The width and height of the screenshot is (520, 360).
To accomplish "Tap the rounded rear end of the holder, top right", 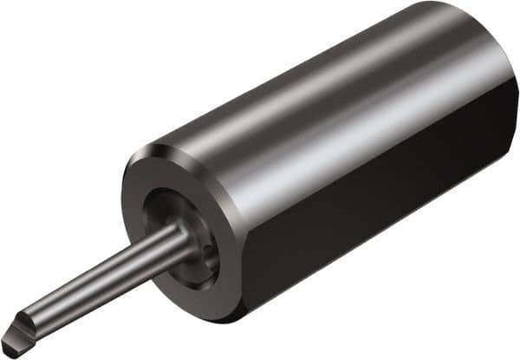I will pyautogui.click(x=485, y=35).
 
